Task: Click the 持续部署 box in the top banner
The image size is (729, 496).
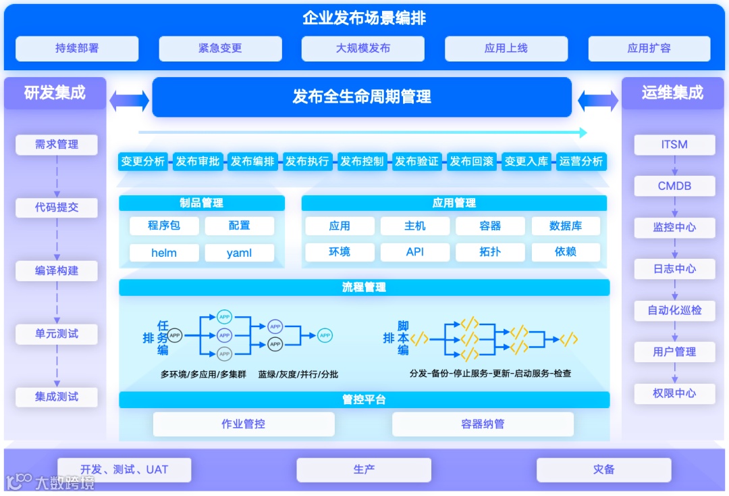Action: [77, 49]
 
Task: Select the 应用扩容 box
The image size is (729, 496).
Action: [649, 49]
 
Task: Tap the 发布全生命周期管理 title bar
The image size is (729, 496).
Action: [362, 97]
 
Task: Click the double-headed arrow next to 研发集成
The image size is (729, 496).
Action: [129, 101]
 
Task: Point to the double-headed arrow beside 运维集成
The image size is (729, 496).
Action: [597, 101]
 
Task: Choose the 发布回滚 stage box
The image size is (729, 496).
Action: [471, 162]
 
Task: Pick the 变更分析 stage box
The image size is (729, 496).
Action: [142, 162]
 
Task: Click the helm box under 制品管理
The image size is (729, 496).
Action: [164, 253]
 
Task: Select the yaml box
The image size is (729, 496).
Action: [239, 253]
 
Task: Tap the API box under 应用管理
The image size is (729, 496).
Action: [414, 252]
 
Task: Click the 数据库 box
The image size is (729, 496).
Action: [566, 226]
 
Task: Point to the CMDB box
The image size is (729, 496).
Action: [674, 186]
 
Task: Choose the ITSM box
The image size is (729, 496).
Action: [674, 145]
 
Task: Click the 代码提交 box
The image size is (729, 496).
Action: [57, 207]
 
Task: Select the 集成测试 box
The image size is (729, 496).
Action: [57, 397]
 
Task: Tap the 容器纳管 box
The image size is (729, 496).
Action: [483, 424]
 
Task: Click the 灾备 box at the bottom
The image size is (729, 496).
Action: [603, 469]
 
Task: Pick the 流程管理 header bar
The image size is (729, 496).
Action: [364, 287]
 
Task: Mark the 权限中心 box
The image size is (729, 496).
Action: [674, 393]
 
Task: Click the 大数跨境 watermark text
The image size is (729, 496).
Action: [64, 482]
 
